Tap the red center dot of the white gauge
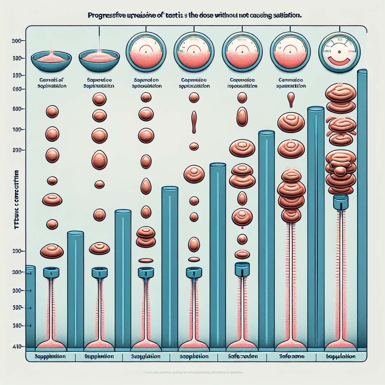tap(339, 51)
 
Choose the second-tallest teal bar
tap(315, 226)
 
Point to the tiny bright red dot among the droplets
tap(242, 227)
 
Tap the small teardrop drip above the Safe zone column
tap(291, 100)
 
